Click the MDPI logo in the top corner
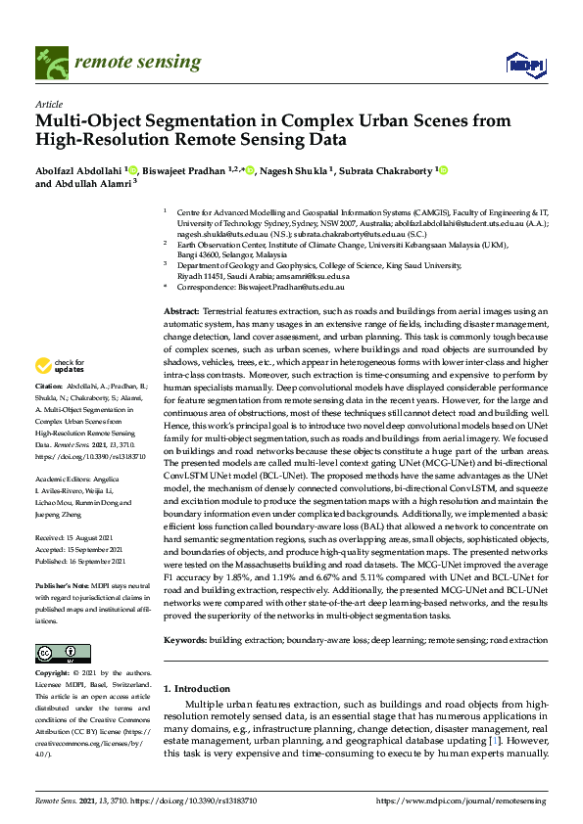[x=524, y=64]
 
